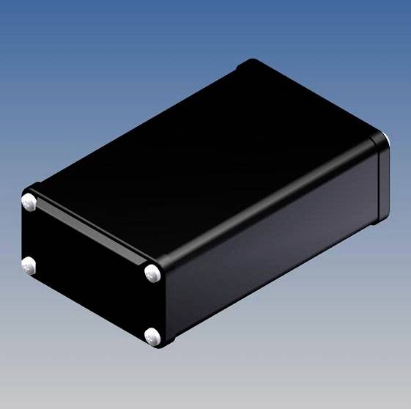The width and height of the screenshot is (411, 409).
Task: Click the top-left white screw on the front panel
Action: [30, 200]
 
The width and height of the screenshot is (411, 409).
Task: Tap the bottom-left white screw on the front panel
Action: [29, 265]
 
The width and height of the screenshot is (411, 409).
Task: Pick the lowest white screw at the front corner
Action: [152, 337]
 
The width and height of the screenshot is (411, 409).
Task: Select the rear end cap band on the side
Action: [380, 180]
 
